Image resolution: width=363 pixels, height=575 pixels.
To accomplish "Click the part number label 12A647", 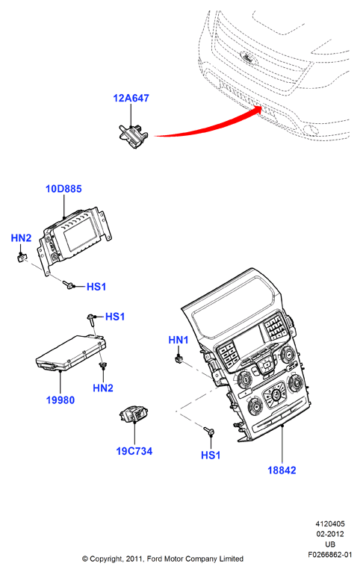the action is click(x=131, y=98).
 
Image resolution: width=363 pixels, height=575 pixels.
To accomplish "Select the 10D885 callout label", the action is click(x=63, y=189).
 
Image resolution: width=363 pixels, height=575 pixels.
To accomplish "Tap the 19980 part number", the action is click(x=60, y=400).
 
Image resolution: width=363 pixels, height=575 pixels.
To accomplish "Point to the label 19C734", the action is click(x=134, y=451).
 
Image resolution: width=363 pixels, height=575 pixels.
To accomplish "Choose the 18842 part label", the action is click(x=282, y=470).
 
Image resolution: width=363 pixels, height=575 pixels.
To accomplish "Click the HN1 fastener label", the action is click(x=179, y=340).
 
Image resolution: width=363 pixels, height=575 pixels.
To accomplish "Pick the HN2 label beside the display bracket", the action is click(x=21, y=238).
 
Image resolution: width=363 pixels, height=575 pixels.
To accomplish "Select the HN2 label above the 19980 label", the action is click(x=103, y=388).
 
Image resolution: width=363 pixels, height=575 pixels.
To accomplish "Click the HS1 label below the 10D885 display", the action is click(x=96, y=287).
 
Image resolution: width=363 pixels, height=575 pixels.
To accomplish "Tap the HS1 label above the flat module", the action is click(x=115, y=317).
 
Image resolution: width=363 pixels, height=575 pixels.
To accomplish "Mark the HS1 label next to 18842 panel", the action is click(x=211, y=455).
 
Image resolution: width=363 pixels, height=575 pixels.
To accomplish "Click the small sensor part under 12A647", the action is click(x=133, y=136).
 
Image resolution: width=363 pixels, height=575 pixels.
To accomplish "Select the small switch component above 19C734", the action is click(x=134, y=414).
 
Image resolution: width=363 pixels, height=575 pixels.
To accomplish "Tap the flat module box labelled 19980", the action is click(x=71, y=352).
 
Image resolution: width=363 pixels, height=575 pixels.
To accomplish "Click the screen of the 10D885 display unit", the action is click(x=81, y=237).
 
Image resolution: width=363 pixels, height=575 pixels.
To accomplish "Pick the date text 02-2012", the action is click(x=330, y=534).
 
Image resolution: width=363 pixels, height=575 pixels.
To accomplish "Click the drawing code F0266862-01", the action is click(x=329, y=554).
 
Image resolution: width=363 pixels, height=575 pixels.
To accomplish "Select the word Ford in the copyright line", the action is click(x=155, y=559).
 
